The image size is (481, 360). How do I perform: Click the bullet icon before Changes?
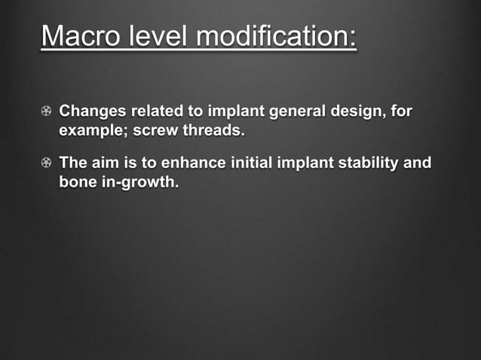tap(47, 112)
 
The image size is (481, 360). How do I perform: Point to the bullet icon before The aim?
tap(47, 163)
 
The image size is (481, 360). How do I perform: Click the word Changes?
tap(92, 112)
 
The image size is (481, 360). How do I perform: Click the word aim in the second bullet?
tap(106, 163)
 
